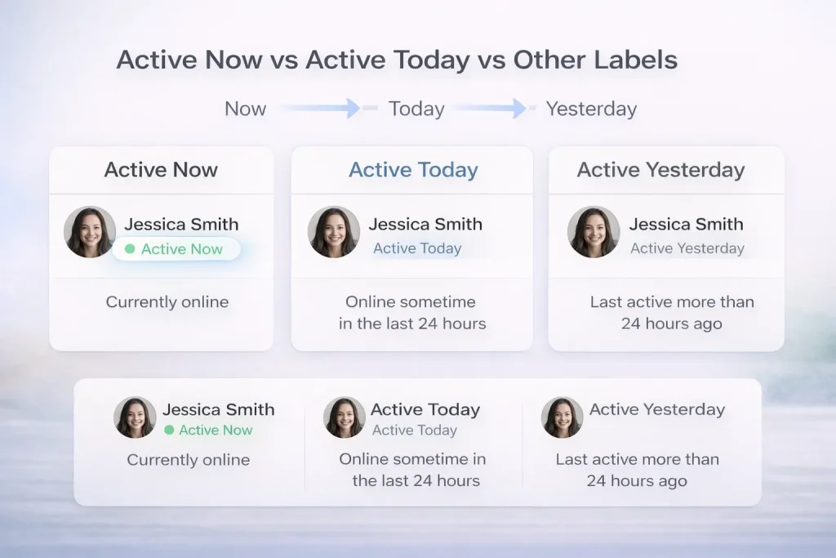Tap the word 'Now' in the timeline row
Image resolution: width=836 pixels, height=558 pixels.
pos(245,109)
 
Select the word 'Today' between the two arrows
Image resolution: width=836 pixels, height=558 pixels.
pos(416,109)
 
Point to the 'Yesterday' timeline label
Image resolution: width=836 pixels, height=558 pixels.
pos(591,109)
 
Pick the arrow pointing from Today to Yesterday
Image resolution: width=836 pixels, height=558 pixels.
pos(490,108)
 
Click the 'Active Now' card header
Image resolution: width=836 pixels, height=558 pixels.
pos(161,170)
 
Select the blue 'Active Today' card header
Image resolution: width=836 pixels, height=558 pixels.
pos(413,170)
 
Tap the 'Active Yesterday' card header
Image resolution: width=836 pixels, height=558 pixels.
pos(660,170)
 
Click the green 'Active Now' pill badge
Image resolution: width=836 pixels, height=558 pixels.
pos(176,249)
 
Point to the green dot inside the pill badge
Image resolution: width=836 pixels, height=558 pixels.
pos(130,249)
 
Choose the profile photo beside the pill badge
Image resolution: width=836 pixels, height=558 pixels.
pos(90,232)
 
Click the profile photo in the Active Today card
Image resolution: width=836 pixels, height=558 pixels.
pos(334,232)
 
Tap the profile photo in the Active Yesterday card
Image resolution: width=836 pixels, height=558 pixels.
pos(594,232)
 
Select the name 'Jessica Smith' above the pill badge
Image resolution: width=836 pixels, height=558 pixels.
pos(181,224)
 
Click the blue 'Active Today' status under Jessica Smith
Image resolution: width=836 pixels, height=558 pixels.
pos(417,248)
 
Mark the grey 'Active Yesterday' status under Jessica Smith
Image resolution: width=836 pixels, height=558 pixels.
pos(687,248)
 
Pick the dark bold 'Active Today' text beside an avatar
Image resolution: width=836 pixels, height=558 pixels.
pos(425,409)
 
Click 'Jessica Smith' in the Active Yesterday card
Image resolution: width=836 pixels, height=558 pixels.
pos(686,224)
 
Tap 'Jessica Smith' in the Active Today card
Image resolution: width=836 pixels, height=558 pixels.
pos(425,224)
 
